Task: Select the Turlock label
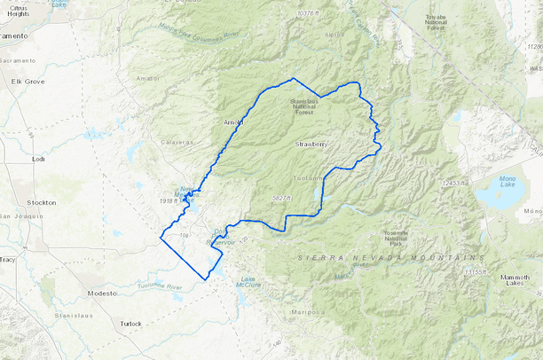(x=130, y=324)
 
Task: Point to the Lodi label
(x=37, y=159)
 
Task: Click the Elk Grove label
(x=28, y=106)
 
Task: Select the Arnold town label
(x=232, y=122)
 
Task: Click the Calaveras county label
(x=176, y=142)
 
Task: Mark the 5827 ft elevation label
(x=281, y=198)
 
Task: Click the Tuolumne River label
(x=160, y=286)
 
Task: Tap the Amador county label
(x=148, y=79)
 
